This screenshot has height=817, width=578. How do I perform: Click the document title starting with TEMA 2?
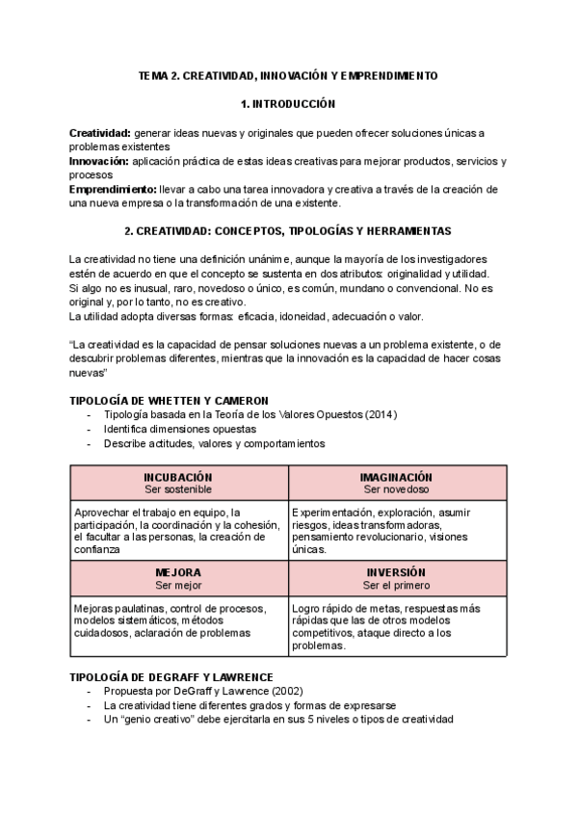click(x=288, y=74)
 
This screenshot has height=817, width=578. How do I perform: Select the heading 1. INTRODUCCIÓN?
click(x=288, y=103)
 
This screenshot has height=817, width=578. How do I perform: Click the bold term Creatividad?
click(x=100, y=132)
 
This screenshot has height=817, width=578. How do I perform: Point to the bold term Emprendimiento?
click(x=113, y=190)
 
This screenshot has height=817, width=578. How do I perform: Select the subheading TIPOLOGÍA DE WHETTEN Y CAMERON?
click(x=169, y=400)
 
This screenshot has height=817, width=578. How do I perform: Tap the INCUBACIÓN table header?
click(x=178, y=477)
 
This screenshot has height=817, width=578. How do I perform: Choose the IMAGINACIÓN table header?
click(x=396, y=477)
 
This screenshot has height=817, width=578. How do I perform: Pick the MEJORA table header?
click(x=178, y=571)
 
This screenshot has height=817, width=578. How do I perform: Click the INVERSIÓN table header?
click(x=396, y=571)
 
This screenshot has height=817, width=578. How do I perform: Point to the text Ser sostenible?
click(x=178, y=489)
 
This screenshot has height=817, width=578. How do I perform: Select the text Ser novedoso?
click(x=396, y=489)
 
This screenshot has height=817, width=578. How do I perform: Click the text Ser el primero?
click(x=396, y=585)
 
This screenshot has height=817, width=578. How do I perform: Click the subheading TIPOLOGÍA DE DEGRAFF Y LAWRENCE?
click(x=171, y=677)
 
